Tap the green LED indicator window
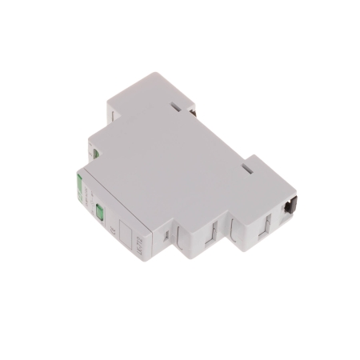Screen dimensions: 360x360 101,213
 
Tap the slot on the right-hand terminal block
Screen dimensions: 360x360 258,166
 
